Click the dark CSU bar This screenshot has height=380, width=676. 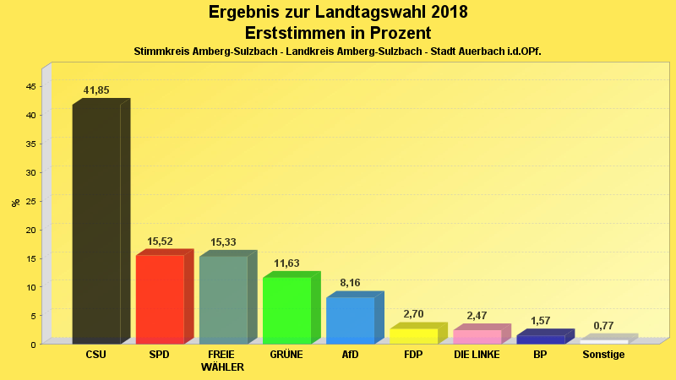click(96, 224)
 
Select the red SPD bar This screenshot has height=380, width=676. click(160, 299)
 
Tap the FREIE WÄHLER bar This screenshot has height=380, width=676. click(223, 300)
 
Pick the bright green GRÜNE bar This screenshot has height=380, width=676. click(286, 310)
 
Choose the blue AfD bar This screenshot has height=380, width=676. click(350, 320)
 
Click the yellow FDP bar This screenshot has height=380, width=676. click(413, 335)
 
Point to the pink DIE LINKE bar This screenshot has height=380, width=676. click(477, 336)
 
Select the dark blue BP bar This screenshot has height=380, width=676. click(540, 339)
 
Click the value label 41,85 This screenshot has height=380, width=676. click(96, 90)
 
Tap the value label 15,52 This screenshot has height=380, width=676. click(160, 242)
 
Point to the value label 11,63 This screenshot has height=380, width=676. click(286, 263)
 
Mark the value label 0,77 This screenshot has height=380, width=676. click(603, 326)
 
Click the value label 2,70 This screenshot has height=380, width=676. click(413, 314)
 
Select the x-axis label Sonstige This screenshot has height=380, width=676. click(603, 355)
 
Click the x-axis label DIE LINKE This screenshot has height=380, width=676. click(477, 355)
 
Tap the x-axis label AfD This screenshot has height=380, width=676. click(350, 355)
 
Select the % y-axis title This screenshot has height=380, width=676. click(15, 203)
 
